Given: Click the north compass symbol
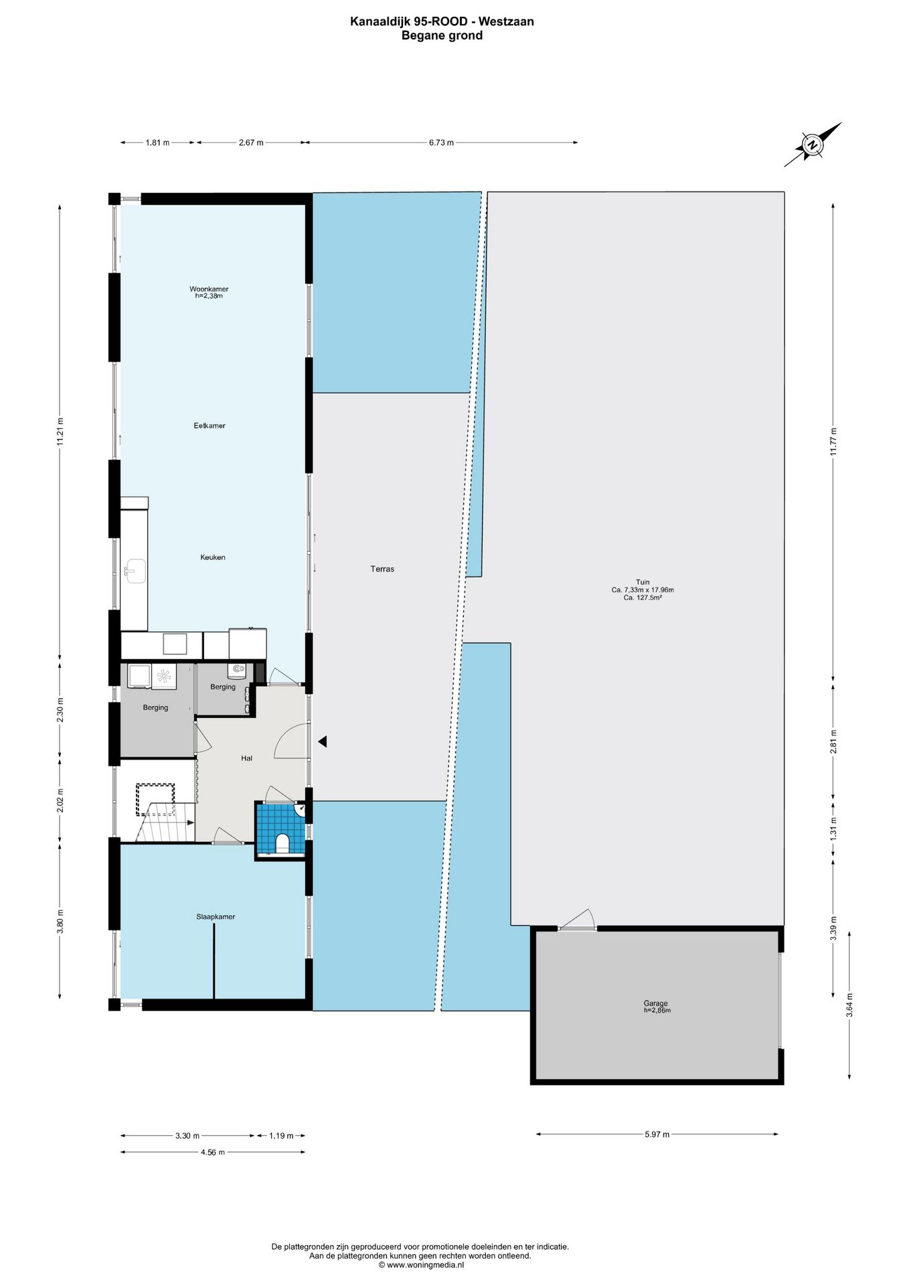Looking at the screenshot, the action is click(813, 145).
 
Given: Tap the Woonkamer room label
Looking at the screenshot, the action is click(209, 289).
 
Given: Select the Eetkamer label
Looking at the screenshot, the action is click(210, 425).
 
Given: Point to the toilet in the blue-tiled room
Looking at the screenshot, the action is click(282, 843).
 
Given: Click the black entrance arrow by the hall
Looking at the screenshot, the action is click(322, 741).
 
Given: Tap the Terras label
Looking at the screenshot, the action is click(382, 569).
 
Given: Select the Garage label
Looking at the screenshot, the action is click(656, 1003).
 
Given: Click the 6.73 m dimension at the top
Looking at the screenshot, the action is click(441, 142).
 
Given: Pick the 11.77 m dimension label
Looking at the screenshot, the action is click(833, 441).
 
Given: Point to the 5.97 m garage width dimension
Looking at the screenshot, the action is click(657, 1134).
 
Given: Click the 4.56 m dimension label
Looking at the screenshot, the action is click(213, 1152).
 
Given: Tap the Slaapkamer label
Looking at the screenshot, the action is click(216, 916).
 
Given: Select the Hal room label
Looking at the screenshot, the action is click(246, 758).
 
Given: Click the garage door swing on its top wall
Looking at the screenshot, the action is click(577, 919).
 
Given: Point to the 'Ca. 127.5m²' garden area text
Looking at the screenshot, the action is click(643, 597).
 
